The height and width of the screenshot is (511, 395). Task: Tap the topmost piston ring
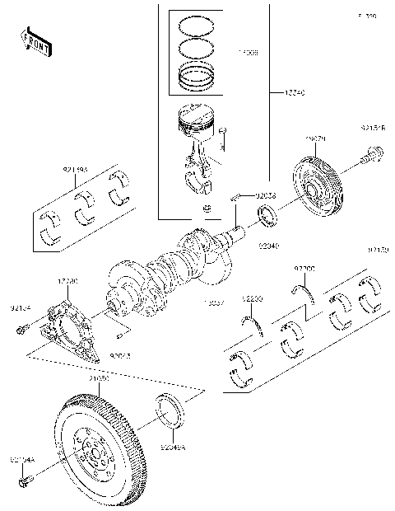(x=197, y=21)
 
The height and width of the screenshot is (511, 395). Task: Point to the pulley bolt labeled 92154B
(x=373, y=152)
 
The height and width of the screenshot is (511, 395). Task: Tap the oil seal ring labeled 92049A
(x=171, y=410)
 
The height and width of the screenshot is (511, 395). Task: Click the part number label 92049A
(x=174, y=448)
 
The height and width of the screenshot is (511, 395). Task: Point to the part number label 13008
(x=247, y=52)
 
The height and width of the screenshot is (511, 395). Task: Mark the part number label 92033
(x=266, y=195)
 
